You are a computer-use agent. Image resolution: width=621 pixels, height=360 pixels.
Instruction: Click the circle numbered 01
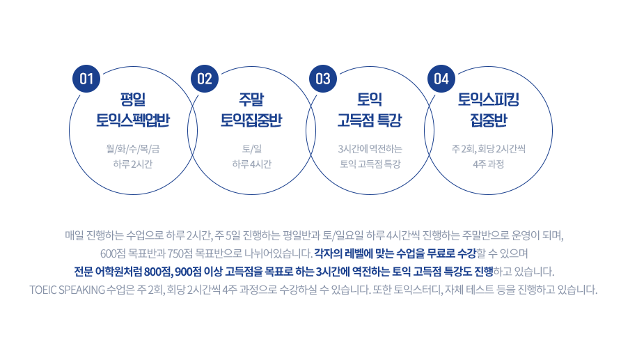tap(86, 78)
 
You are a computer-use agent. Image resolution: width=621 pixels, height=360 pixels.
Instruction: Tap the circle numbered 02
tap(204, 78)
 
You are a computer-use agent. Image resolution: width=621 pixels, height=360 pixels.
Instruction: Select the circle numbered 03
tap(323, 78)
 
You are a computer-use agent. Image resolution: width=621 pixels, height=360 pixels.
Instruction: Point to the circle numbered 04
tap(441, 78)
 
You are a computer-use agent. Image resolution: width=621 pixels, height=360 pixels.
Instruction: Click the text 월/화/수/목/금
tap(133, 149)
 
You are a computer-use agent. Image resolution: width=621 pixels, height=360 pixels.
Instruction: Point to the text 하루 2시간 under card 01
tap(133, 164)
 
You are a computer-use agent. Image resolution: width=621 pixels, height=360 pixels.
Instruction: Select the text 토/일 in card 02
tap(251, 149)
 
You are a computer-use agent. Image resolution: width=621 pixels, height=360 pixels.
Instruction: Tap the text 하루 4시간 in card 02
tap(251, 164)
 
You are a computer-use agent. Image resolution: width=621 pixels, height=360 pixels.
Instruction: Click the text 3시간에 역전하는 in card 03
tap(370, 149)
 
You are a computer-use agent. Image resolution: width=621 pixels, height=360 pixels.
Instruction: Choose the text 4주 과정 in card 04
tap(487, 164)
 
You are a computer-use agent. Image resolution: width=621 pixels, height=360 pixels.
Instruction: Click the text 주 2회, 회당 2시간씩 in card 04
tap(487, 149)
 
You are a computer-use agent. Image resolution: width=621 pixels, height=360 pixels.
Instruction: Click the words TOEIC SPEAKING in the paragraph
tap(68, 289)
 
